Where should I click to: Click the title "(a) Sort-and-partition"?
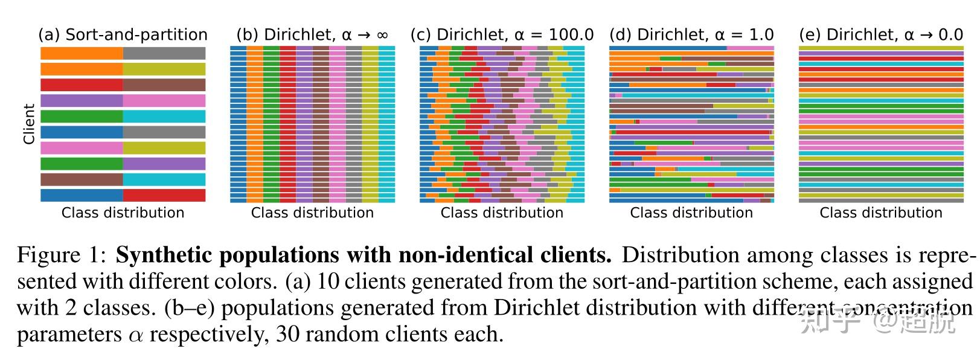tap(123, 34)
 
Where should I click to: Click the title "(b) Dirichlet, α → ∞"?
tap(312, 34)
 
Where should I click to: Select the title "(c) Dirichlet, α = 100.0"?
tap(502, 34)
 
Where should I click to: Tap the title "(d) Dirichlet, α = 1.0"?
tap(691, 34)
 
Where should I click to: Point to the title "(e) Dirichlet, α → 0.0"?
tap(881, 34)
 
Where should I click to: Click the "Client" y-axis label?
tap(28, 124)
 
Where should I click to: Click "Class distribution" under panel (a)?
tap(123, 213)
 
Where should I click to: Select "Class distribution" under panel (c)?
tap(502, 213)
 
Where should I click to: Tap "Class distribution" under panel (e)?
tap(881, 213)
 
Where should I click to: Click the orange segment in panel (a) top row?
tap(82, 53)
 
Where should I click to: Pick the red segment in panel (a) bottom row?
tap(164, 195)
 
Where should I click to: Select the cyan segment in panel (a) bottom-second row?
tap(164, 179)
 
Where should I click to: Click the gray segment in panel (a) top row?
tap(164, 53)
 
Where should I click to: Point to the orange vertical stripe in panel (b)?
tap(255, 124)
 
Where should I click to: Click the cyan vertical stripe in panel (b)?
tap(386, 124)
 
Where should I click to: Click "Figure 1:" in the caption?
tap(62, 256)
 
